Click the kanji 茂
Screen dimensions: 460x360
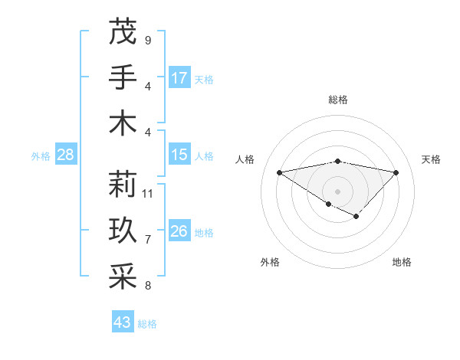123,32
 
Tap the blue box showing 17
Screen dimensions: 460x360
179,78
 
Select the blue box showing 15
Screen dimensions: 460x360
179,155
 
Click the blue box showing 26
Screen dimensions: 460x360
179,232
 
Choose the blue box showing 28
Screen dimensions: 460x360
65,155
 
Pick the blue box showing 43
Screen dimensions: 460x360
123,322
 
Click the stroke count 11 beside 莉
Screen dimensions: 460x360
148,194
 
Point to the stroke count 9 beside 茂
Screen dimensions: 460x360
147,40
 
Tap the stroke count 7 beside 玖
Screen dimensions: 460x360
147,240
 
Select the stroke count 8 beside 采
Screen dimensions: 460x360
147,286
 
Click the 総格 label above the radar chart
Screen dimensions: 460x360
337,100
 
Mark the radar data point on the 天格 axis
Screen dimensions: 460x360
396,172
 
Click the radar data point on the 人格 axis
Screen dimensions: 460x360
279,172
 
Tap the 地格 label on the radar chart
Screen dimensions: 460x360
402,262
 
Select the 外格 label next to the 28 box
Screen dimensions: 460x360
41,156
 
